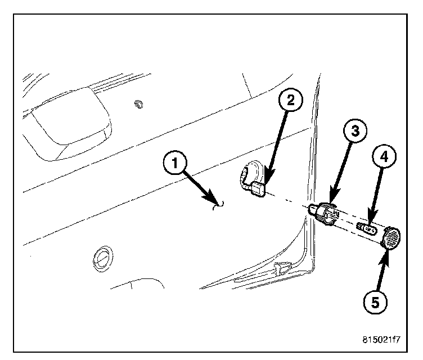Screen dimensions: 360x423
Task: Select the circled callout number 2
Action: pos(291,101)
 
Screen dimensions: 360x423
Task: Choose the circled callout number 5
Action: pos(376,302)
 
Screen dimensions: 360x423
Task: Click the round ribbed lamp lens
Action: pos(390,237)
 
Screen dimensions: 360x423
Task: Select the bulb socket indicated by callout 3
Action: pos(325,214)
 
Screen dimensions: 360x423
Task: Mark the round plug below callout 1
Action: pos(101,258)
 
